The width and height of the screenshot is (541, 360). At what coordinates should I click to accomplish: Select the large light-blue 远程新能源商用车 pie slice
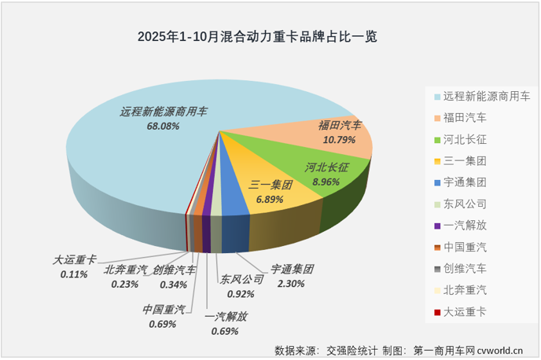(x=134, y=165)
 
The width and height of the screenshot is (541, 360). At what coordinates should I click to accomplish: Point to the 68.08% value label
(x=164, y=126)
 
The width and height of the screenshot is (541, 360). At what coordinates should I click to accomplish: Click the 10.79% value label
(x=340, y=138)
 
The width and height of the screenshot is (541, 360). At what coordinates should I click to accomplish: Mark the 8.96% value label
(x=325, y=181)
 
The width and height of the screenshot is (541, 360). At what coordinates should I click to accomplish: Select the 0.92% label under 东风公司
(x=240, y=294)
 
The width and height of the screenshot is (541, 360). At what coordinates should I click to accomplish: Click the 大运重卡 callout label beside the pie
(x=75, y=259)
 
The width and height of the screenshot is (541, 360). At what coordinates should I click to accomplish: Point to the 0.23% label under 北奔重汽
(x=124, y=284)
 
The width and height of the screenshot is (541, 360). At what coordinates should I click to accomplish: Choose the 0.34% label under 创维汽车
(x=174, y=284)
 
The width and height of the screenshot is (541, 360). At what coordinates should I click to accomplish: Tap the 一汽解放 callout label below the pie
(x=225, y=317)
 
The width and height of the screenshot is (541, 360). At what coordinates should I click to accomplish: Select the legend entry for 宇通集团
(x=465, y=182)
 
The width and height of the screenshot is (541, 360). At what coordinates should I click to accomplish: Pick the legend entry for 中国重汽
(x=465, y=247)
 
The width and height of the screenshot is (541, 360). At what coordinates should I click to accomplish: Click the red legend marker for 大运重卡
(x=436, y=312)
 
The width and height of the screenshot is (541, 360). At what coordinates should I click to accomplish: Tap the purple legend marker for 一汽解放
(x=436, y=226)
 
